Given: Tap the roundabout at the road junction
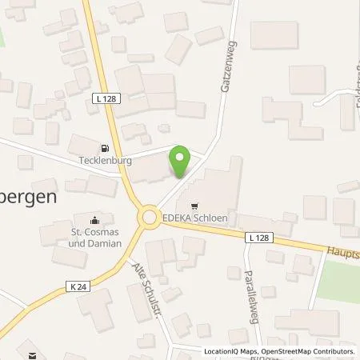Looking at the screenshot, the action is point(148,216).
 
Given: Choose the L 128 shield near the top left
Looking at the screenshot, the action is point(97,97).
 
